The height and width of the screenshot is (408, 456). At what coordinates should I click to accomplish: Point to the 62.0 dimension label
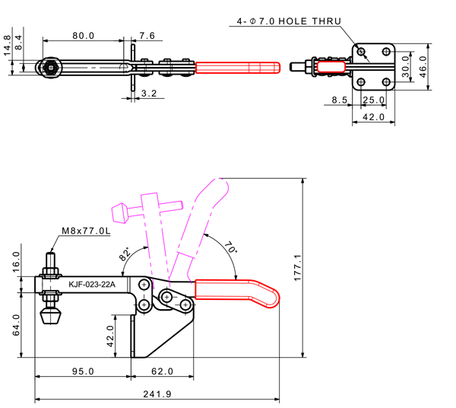[x=163, y=371]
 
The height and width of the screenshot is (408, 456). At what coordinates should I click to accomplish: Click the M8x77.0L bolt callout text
[x=86, y=231]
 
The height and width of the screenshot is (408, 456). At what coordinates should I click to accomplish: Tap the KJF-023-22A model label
[x=91, y=285]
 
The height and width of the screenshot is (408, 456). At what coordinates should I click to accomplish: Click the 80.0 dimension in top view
[x=84, y=36]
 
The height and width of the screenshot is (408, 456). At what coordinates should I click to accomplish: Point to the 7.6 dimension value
[x=147, y=36]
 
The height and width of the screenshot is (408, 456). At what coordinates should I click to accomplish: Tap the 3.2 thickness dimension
[x=149, y=94]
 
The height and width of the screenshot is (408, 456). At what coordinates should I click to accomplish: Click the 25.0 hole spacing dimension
[x=372, y=100]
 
